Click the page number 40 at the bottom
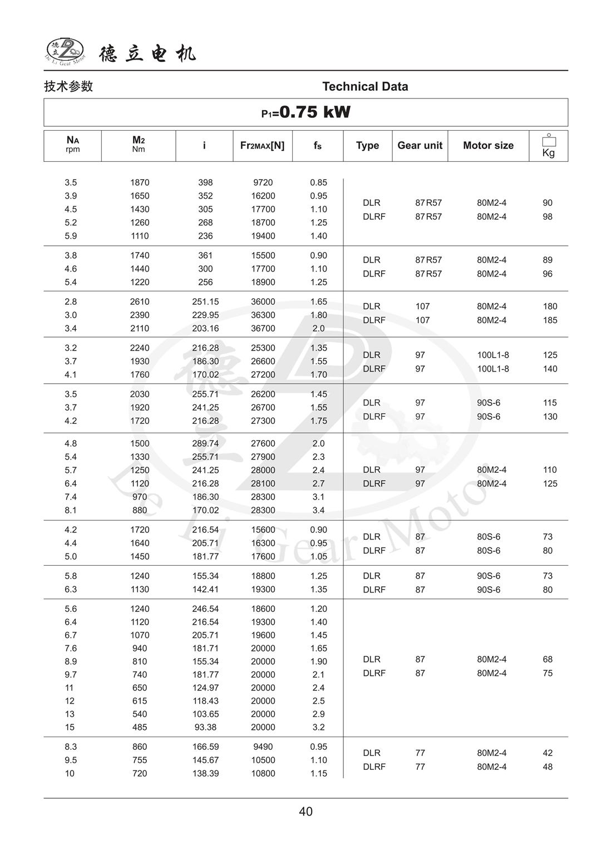point(306,812)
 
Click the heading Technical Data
point(365,86)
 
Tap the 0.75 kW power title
point(306,112)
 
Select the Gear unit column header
point(419,145)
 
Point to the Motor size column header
point(488,145)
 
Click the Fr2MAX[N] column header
point(262,145)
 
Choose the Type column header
point(367,145)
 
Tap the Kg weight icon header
point(549,146)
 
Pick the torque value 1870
point(140,182)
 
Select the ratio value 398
point(205,182)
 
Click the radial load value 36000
point(263,301)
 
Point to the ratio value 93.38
point(205,727)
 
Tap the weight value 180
point(550,306)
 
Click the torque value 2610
point(140,301)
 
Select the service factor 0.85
point(318,182)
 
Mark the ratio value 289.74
point(205,443)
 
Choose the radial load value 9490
point(263,747)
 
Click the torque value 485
point(140,727)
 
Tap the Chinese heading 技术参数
point(68,86)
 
